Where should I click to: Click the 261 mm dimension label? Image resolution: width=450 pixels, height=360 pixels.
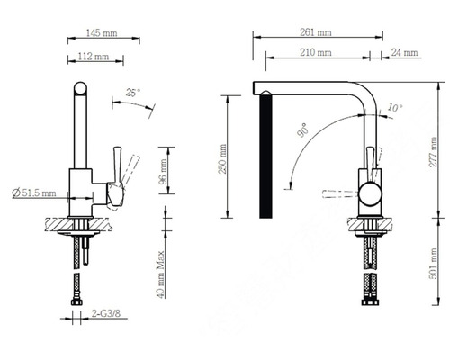315,32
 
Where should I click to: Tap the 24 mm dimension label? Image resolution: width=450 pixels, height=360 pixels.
406,53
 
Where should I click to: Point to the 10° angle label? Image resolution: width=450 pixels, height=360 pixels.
393,107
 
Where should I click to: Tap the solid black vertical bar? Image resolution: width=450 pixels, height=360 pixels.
265,158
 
